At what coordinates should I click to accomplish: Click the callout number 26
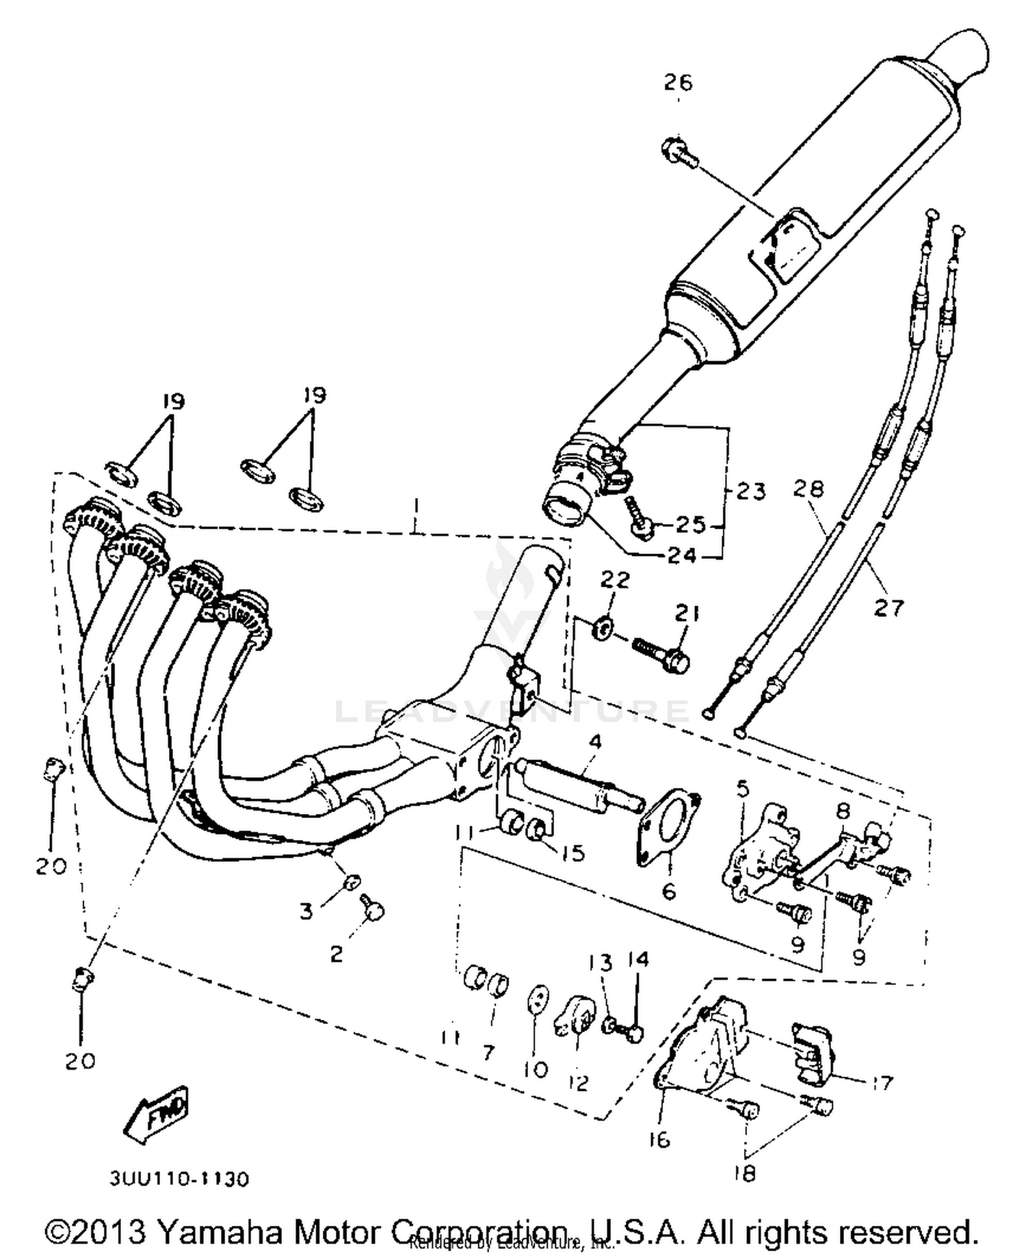click(x=678, y=82)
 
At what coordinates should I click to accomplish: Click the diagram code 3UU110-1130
click(x=179, y=1179)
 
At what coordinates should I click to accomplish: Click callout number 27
click(x=889, y=607)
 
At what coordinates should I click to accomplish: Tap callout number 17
click(x=882, y=1083)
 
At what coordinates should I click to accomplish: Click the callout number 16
click(x=659, y=1140)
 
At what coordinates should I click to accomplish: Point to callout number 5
click(x=743, y=789)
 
